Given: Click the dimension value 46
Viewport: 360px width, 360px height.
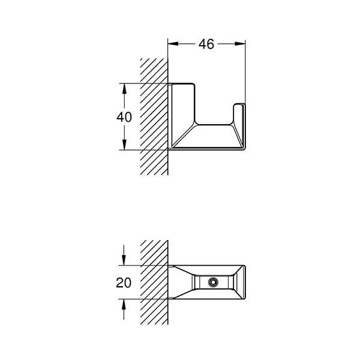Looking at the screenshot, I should tap(206, 44).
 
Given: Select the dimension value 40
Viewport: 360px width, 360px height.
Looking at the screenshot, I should tap(124, 117).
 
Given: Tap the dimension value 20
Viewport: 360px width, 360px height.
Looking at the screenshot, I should tap(124, 282).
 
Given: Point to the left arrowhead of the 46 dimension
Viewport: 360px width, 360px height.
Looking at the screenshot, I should tap(172, 44).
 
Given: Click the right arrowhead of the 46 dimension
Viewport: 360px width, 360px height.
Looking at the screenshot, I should tap(242, 44).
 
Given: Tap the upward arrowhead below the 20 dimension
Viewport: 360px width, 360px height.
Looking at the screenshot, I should tap(124, 304).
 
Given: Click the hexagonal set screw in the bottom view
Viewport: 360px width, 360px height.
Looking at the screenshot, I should tap(212, 282).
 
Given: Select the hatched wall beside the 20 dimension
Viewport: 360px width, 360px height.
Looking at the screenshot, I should tap(154, 282).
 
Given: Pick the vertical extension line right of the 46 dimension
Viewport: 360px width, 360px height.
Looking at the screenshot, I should tap(246, 72).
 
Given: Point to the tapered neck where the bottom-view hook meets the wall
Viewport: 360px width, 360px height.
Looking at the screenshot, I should tap(180, 282).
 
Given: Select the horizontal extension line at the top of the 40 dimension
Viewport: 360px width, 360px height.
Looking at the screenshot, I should tap(144, 83).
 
